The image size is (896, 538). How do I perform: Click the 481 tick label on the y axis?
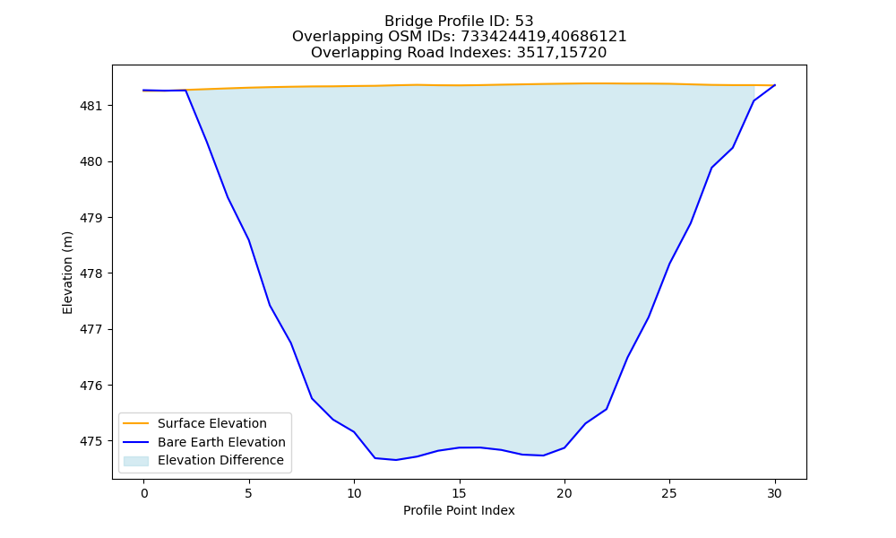coord(90,106)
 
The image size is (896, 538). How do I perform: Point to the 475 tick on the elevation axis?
coord(90,441)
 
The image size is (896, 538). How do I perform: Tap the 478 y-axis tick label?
coord(90,273)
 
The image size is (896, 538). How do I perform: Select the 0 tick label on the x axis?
coord(144,493)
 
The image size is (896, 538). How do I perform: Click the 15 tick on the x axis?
coord(460,493)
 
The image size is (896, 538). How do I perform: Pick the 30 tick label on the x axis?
coord(775,493)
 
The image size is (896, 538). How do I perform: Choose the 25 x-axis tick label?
coord(669,493)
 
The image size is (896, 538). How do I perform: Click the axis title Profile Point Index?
coord(459,510)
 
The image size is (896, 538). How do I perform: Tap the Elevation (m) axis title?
coord(67,273)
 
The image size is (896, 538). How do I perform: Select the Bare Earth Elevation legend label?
coord(221,442)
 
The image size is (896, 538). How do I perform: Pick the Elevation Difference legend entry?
coord(220,460)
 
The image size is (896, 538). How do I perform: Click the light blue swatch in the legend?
coord(136,461)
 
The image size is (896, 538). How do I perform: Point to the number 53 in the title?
coord(524,22)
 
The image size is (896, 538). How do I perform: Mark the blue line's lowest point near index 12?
coord(396,460)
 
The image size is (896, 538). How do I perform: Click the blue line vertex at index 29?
coord(754,101)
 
